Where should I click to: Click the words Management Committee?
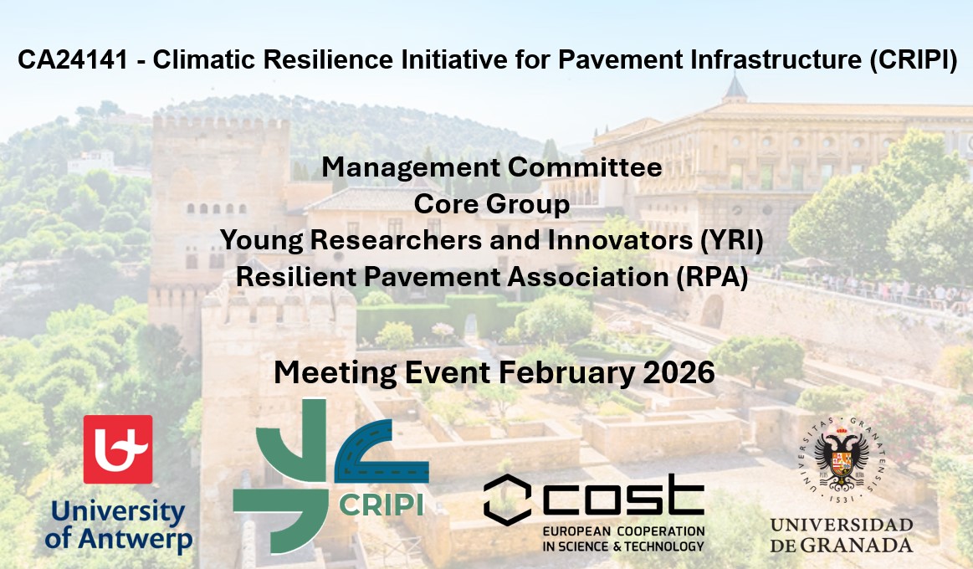tap(492, 167)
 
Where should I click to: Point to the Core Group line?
tap(492, 203)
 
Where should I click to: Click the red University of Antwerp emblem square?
tap(118, 449)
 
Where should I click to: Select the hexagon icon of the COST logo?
tap(507, 500)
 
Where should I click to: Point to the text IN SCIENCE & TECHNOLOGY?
tap(623, 546)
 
